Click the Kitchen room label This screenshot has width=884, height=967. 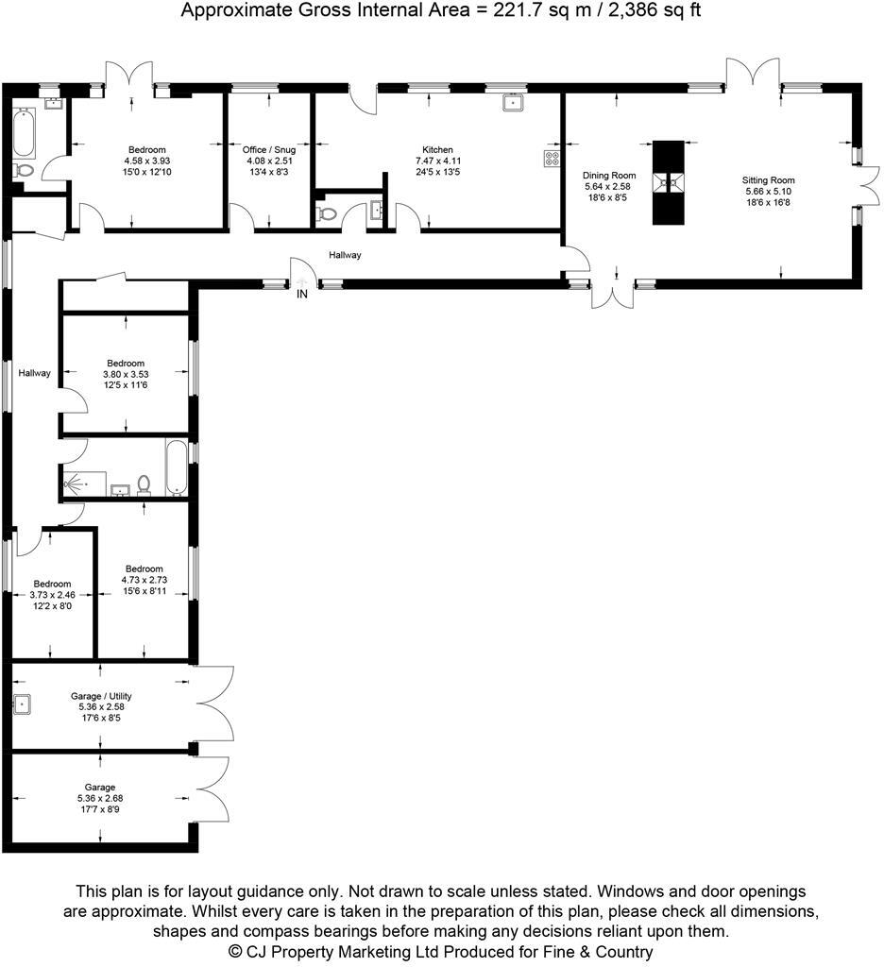pos(437,150)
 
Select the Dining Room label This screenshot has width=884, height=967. pos(610,176)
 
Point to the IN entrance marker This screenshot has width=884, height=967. pos(302,295)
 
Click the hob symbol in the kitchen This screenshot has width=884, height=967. pos(552,159)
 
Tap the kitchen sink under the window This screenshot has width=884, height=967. pos(514,102)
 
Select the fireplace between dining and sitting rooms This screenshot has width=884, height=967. pos(668,182)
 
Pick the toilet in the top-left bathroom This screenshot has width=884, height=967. pos(24,171)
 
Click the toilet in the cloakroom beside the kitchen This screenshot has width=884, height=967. pos(328,213)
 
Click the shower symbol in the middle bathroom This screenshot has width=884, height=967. pos(74,483)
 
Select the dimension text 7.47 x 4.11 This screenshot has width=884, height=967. pos(437,161)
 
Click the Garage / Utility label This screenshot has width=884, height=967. pos(101,697)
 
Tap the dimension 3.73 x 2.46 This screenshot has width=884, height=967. pos(52,595)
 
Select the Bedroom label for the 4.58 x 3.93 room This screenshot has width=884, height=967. pos(147,150)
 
